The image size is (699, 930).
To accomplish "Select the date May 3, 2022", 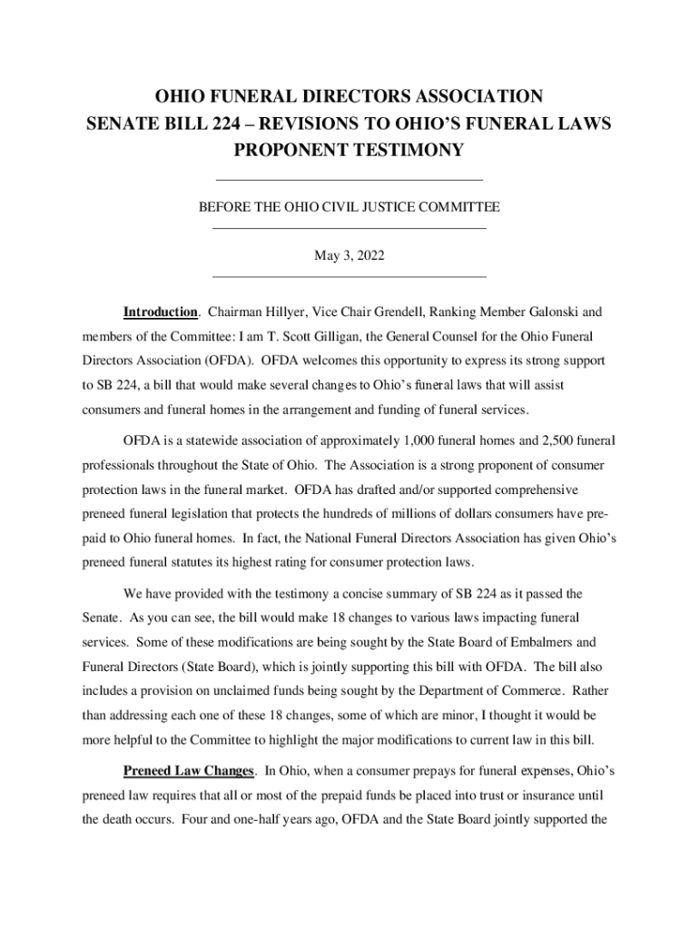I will [349, 257].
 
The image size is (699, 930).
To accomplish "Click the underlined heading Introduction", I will [161, 312].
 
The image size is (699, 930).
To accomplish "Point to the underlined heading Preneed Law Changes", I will [188, 771].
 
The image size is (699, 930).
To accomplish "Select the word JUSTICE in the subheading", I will [391, 209].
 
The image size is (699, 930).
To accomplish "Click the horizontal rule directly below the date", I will [349, 276].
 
